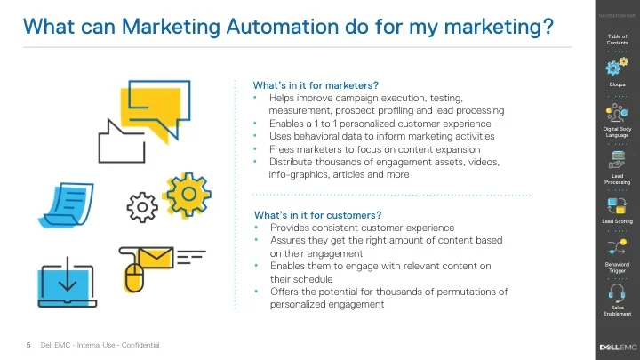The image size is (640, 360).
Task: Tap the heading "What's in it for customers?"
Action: (317, 215)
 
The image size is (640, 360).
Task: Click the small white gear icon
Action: (142, 207)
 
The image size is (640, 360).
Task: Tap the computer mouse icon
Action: (133, 276)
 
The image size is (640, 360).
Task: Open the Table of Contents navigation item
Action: (618, 39)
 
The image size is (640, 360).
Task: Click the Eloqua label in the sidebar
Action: (618, 84)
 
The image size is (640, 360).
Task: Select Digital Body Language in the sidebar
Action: (618, 132)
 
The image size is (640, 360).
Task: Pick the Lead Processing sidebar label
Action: (618, 180)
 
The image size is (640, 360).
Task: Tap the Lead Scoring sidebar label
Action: (618, 220)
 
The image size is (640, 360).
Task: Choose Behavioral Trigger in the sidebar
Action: (618, 267)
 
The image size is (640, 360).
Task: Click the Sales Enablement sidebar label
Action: (618, 311)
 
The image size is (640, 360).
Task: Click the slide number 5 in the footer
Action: (28, 345)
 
